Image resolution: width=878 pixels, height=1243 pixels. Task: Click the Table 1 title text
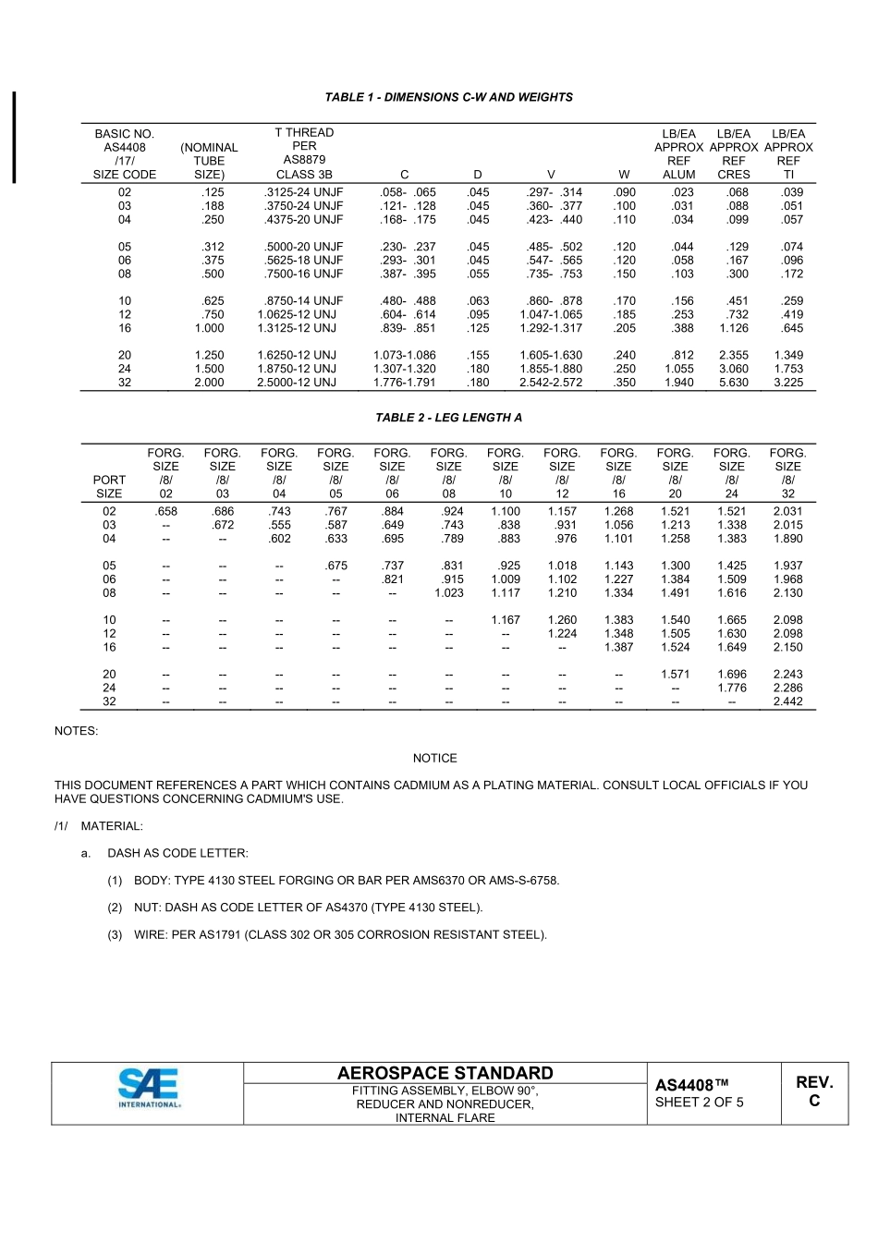(448, 97)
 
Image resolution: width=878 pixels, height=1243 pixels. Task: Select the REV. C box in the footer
(814, 1091)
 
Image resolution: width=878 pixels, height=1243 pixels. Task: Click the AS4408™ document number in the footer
(691, 1084)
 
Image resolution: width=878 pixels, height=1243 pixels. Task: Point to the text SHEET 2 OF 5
(699, 1103)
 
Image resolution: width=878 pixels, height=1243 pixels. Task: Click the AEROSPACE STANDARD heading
(445, 1073)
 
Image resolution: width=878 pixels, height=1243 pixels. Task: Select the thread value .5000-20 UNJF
(303, 247)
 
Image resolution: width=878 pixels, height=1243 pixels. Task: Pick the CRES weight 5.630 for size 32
(733, 383)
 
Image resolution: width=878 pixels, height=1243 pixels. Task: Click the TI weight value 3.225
(787, 383)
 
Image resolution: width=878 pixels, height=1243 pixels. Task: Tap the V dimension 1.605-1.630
(551, 355)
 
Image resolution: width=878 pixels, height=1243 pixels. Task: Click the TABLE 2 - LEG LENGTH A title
(448, 418)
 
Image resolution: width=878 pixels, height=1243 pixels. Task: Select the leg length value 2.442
(787, 701)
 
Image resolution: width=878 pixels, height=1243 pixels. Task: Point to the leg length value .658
(165, 511)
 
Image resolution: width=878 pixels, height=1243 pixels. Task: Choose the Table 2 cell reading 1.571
(675, 675)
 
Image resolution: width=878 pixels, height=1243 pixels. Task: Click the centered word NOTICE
(434, 759)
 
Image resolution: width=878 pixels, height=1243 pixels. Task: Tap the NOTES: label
(76, 731)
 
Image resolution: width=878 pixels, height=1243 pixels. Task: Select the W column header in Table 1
(625, 175)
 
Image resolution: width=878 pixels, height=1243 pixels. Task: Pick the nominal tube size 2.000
(209, 383)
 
